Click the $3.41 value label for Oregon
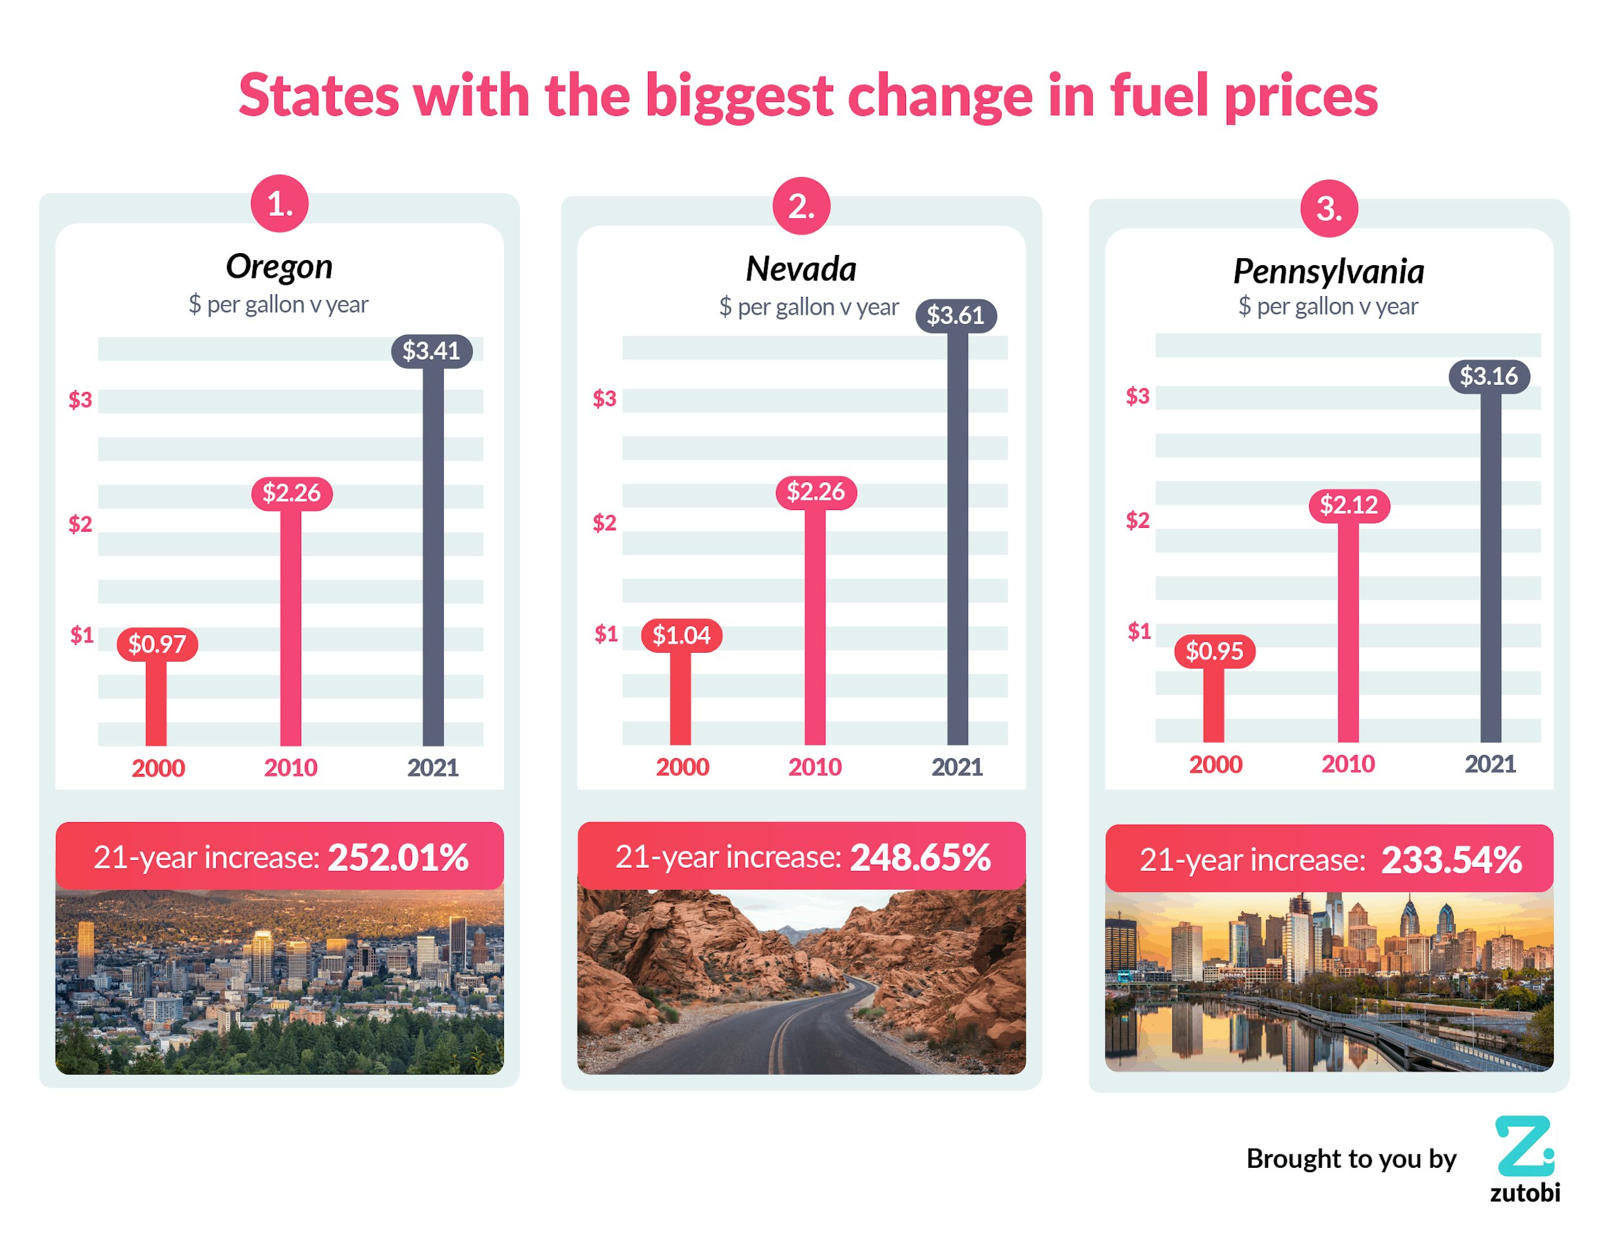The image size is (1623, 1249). click(431, 351)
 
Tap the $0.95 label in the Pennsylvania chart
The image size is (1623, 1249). click(1214, 651)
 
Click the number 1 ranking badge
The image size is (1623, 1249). click(280, 204)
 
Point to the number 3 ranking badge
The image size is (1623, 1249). click(1329, 209)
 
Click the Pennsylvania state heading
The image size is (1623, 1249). click(1329, 271)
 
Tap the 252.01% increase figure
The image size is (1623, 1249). click(398, 857)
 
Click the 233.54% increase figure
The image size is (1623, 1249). click(1451, 860)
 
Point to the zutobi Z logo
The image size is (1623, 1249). click(1523, 1146)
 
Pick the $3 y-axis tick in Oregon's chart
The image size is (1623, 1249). click(81, 400)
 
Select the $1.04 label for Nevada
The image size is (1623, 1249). click(682, 636)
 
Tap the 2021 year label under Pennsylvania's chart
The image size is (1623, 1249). click(1490, 764)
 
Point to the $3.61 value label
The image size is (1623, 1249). click(955, 315)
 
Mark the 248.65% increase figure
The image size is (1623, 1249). click(920, 857)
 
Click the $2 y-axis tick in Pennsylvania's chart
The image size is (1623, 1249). click(1137, 520)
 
